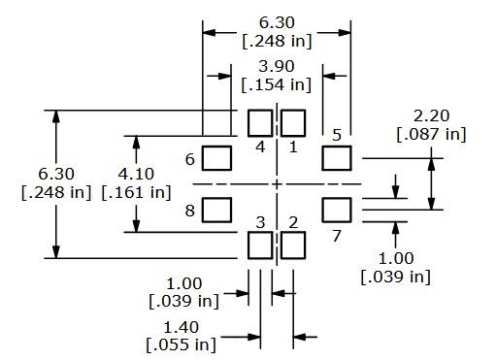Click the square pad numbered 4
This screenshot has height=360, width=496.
tap(260, 123)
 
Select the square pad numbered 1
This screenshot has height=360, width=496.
tap(293, 123)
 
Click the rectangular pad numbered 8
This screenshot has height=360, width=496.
tap(217, 209)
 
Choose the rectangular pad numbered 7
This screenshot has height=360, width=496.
tap(336, 209)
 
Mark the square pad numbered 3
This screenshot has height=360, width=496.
tap(260, 245)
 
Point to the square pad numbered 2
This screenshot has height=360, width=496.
tap(293, 245)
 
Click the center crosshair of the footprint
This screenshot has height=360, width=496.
tap(278, 183)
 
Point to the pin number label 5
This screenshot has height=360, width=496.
tap(336, 135)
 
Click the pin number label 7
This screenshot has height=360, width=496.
tap(337, 236)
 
